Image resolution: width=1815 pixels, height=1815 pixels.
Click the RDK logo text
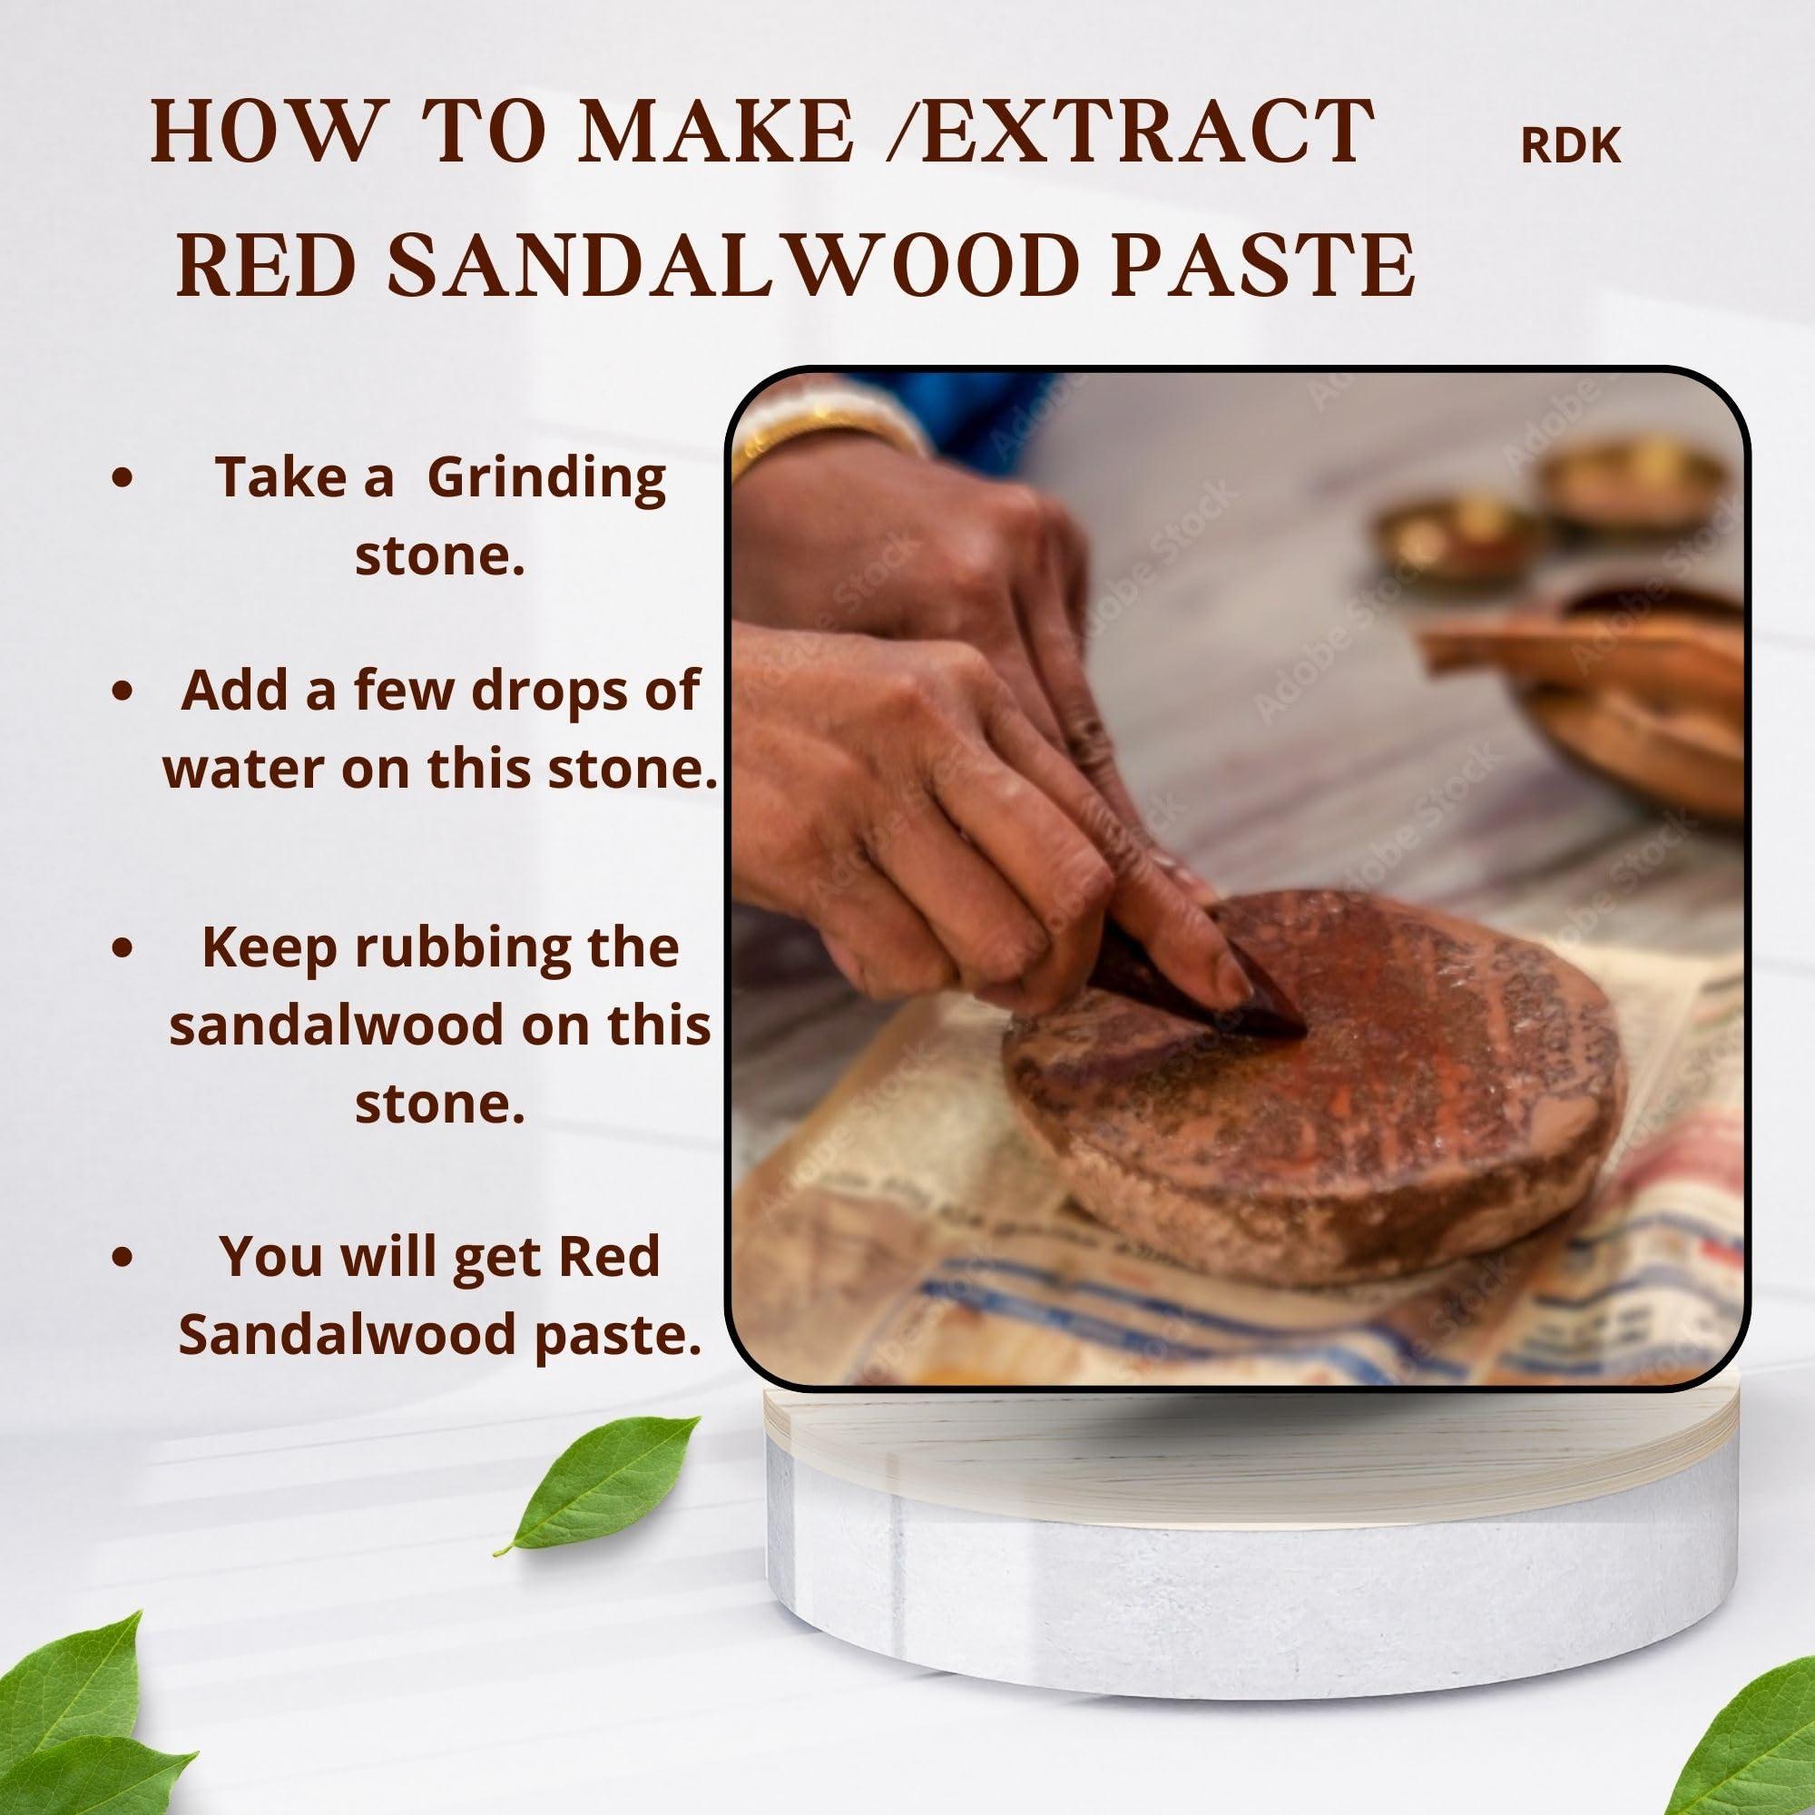pyautogui.click(x=1571, y=145)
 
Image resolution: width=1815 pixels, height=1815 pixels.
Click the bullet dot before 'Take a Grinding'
pyautogui.click(x=121, y=477)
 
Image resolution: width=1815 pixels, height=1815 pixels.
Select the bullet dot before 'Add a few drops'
pyautogui.click(x=121, y=692)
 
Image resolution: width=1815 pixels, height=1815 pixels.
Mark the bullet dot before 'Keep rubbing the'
pyautogui.click(x=121, y=948)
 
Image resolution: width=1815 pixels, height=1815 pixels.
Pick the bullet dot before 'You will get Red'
pyautogui.click(x=121, y=1257)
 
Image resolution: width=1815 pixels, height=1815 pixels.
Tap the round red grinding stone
pyautogui.click(x=1315, y=1080)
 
